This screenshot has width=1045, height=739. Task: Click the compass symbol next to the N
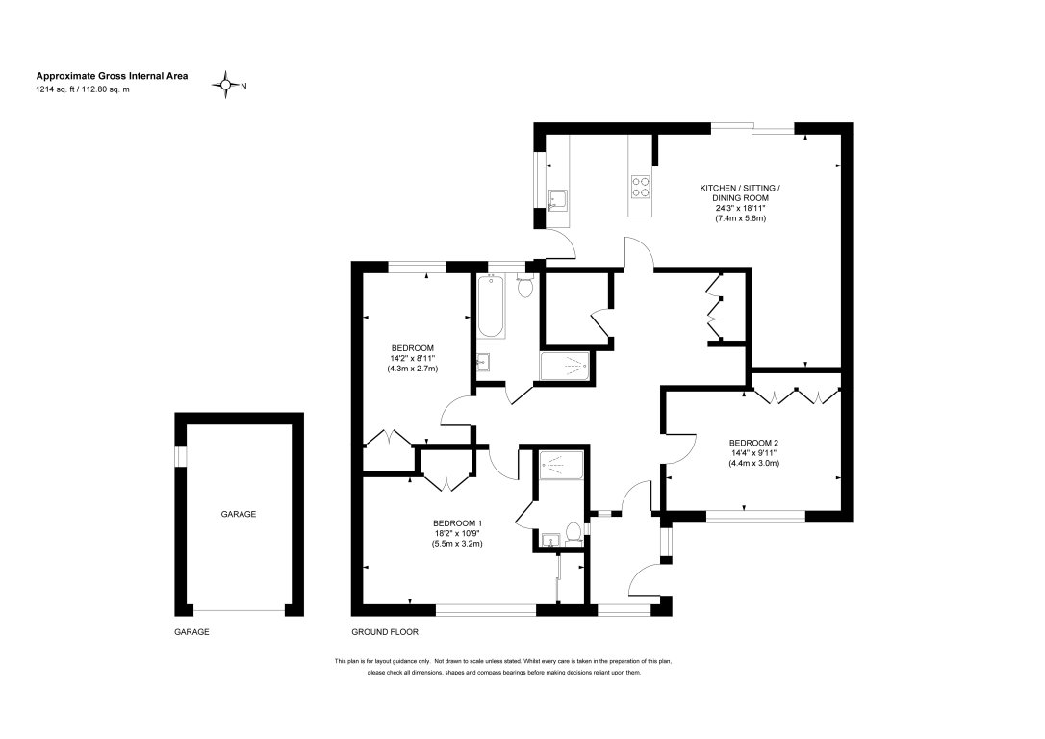coord(228,86)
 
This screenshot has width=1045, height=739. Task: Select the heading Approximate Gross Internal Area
coord(113,75)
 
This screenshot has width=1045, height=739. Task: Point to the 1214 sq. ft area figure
coord(59,89)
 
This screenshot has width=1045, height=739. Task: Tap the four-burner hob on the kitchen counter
coord(641,185)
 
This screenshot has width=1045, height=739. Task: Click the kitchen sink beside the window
coord(557,200)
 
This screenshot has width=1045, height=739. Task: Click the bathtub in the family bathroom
coord(491,307)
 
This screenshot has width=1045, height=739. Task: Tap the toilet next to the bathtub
coord(524,285)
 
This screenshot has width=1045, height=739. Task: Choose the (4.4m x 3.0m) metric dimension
coord(753,464)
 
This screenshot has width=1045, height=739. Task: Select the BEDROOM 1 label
coord(457,522)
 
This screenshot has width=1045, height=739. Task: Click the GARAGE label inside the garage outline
coord(239,515)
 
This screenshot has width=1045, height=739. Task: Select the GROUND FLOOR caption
coord(384,632)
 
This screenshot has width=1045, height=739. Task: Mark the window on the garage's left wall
coord(179,456)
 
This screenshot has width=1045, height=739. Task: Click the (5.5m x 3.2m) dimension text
coord(457,544)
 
